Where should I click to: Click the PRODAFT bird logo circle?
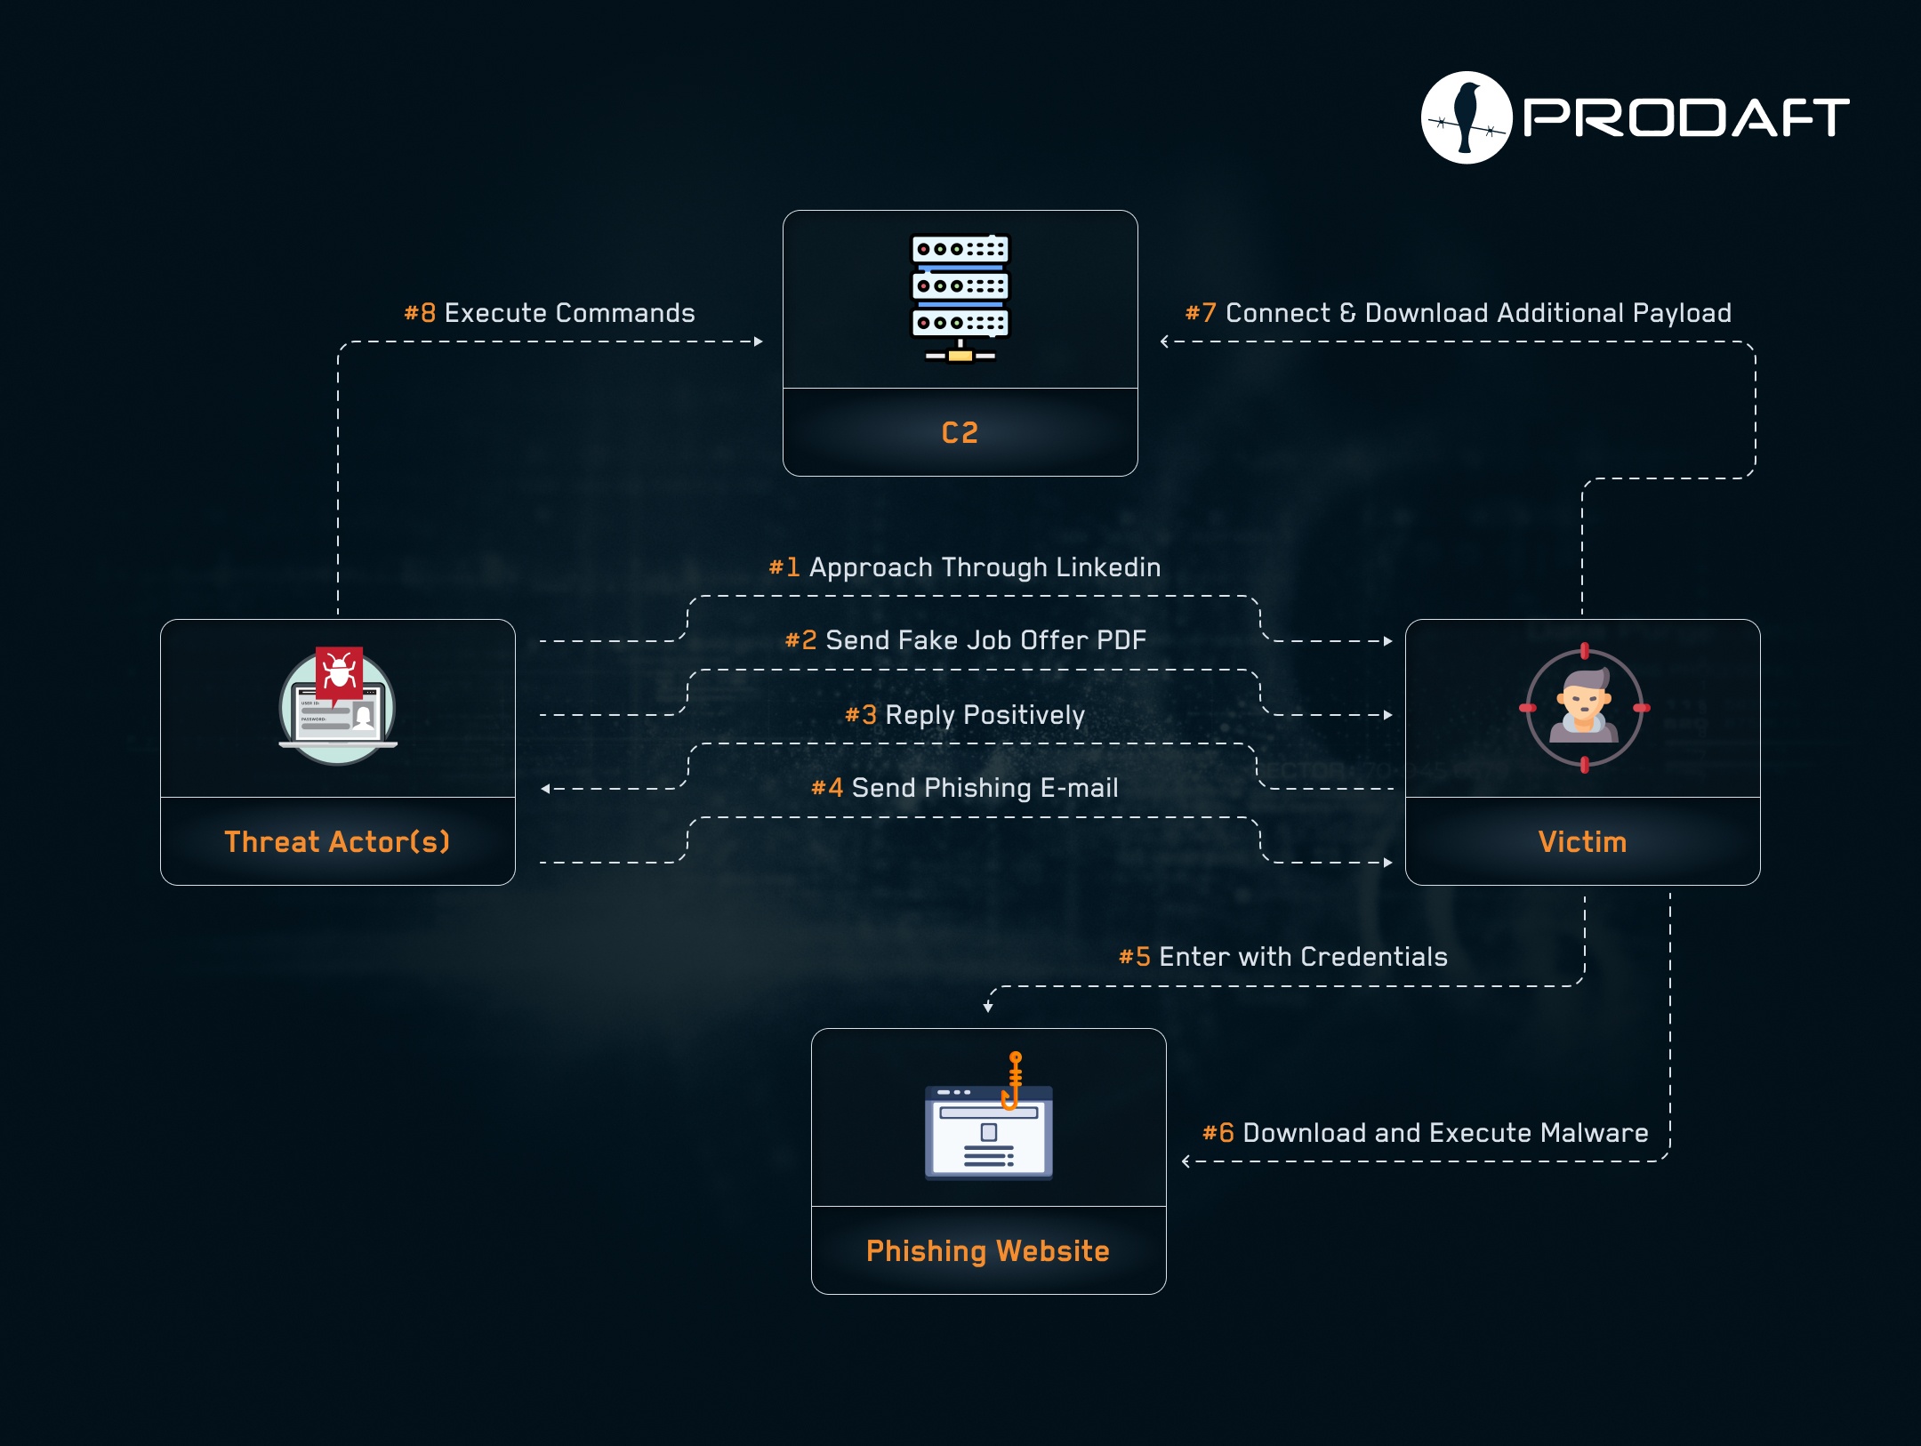[x=1467, y=117]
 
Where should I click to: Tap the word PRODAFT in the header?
[x=1686, y=117]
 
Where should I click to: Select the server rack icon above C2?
[x=960, y=298]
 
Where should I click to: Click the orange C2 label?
[x=960, y=433]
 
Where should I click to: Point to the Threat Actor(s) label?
[x=337, y=841]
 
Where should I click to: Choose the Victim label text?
[x=1582, y=841]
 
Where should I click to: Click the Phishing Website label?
[x=988, y=1251]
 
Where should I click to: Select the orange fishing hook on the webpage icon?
[x=1013, y=1080]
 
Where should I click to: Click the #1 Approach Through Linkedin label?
[x=965, y=567]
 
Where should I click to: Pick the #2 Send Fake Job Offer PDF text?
[x=966, y=640]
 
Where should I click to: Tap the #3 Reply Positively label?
[x=965, y=715]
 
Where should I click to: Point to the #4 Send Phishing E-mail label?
[x=965, y=788]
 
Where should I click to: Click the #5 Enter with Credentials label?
[x=1283, y=957]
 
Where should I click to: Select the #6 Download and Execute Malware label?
[x=1426, y=1133]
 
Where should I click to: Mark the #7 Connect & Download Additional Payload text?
[x=1459, y=313]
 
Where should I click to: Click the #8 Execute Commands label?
[x=550, y=313]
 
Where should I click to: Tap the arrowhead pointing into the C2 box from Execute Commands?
[x=759, y=341]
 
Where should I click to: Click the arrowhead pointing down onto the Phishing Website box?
[x=988, y=1007]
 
